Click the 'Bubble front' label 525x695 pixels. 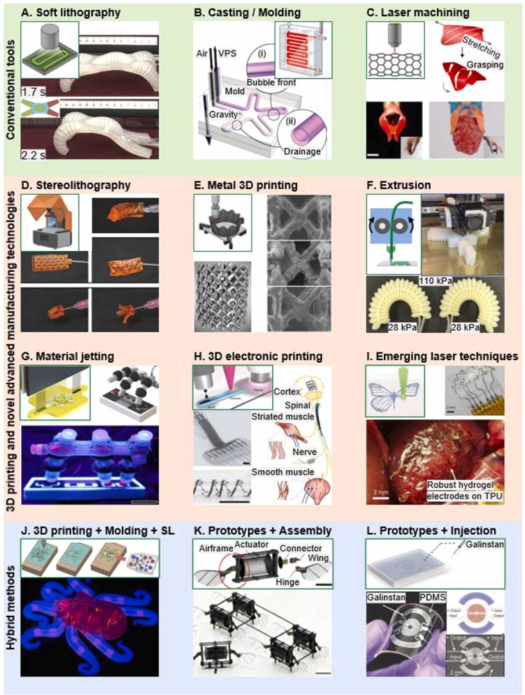click(269, 83)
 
